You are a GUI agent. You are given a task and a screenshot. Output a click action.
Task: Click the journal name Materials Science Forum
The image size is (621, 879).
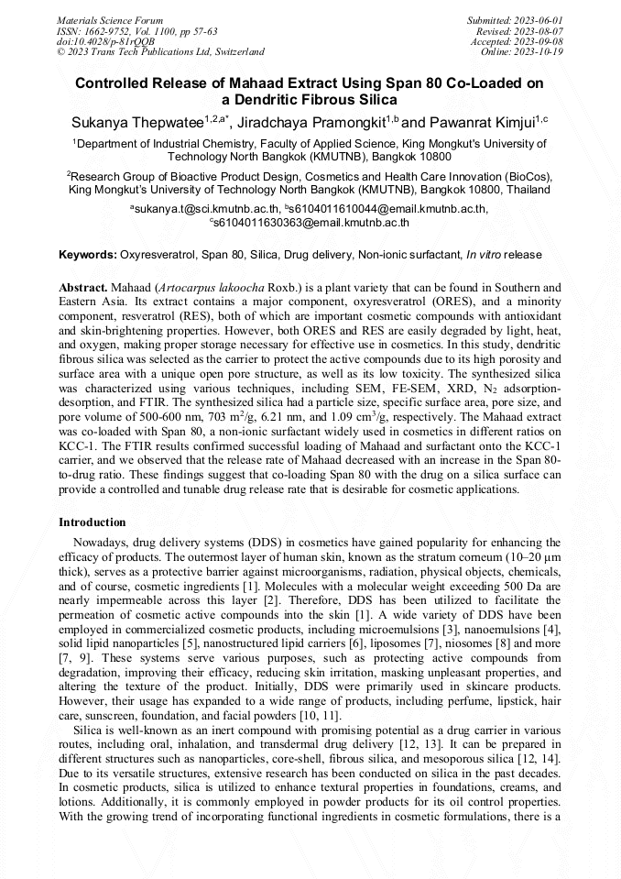pyautogui.click(x=110, y=19)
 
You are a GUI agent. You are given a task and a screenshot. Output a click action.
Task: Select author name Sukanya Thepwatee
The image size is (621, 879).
pyautogui.click(x=136, y=123)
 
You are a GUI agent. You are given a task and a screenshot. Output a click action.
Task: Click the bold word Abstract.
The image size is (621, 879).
pyautogui.click(x=85, y=287)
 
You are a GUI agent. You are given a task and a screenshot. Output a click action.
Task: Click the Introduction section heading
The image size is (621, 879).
pyautogui.click(x=93, y=522)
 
